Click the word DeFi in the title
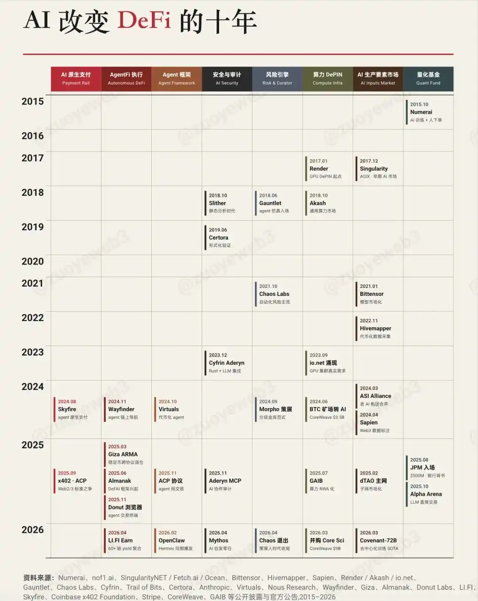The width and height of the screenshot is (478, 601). (x=144, y=21)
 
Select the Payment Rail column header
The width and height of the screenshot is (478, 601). (x=76, y=79)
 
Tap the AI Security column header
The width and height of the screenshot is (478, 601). (x=227, y=79)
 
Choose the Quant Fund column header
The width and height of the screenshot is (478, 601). (x=428, y=79)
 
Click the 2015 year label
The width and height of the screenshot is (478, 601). (x=33, y=101)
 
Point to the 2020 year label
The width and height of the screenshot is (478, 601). (x=33, y=261)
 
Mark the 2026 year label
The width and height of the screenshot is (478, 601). (x=33, y=530)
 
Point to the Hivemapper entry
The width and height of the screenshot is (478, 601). (x=376, y=328)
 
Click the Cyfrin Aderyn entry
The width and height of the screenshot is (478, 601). (x=227, y=363)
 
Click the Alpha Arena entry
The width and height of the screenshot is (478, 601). (x=426, y=494)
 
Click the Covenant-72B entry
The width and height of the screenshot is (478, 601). (x=378, y=540)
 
